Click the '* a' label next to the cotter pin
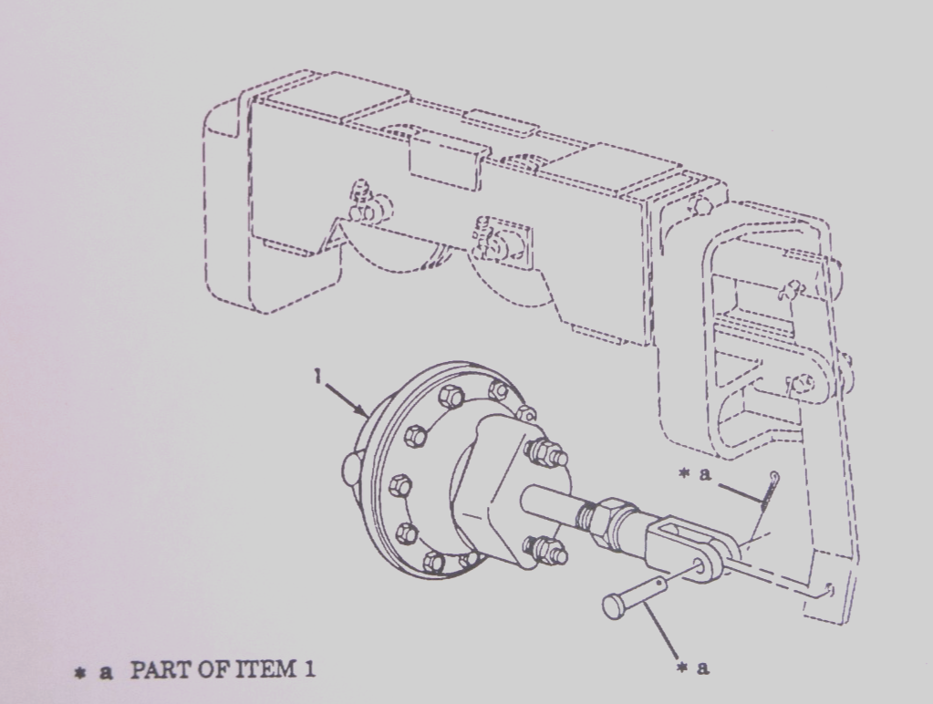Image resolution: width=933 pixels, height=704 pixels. point(696,475)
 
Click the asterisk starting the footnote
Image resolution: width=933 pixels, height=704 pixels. point(80,673)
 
